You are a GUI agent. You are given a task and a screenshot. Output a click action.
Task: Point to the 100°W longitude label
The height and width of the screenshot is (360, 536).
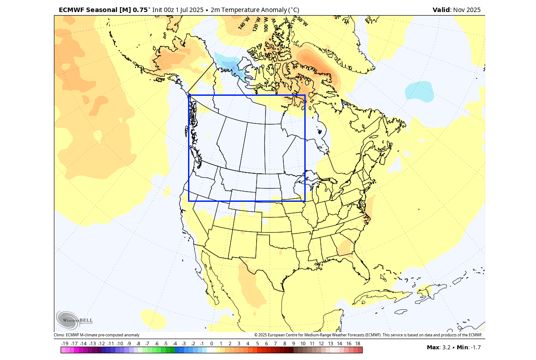click(x=267, y=22)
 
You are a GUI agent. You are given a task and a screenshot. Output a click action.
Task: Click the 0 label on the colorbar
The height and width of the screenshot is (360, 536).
click(x=211, y=344)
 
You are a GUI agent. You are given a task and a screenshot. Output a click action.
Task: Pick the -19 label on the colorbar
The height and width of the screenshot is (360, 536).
click(x=65, y=344)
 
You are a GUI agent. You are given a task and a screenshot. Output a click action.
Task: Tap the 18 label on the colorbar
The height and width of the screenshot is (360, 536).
click(x=358, y=344)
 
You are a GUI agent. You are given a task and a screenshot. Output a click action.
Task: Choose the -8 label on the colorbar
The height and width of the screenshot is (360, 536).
click(x=138, y=344)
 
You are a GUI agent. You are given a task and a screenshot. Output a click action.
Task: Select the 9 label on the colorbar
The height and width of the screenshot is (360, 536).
click(x=294, y=344)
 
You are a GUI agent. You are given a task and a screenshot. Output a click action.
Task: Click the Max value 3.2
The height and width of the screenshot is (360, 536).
click(x=446, y=348)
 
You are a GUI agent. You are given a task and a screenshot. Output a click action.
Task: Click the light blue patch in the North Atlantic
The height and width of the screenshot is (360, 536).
click(x=419, y=91)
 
